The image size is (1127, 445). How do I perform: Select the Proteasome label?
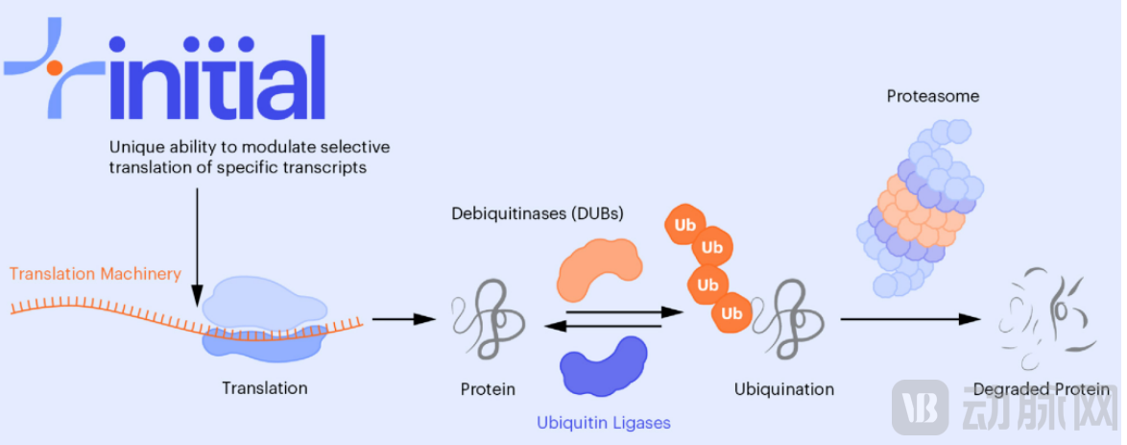[919, 97]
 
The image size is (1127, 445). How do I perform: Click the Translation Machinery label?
[95, 274]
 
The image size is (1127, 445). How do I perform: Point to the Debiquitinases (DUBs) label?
[538, 213]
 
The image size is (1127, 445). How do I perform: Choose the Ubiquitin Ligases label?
[603, 422]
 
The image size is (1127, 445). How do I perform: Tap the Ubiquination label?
[783, 389]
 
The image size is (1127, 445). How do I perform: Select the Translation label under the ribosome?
[264, 388]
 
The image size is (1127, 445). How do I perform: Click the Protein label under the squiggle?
[488, 389]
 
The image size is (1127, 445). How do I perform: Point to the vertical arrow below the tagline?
[196, 240]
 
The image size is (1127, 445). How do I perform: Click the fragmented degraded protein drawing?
[1043, 318]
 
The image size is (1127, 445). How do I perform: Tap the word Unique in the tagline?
[133, 147]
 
